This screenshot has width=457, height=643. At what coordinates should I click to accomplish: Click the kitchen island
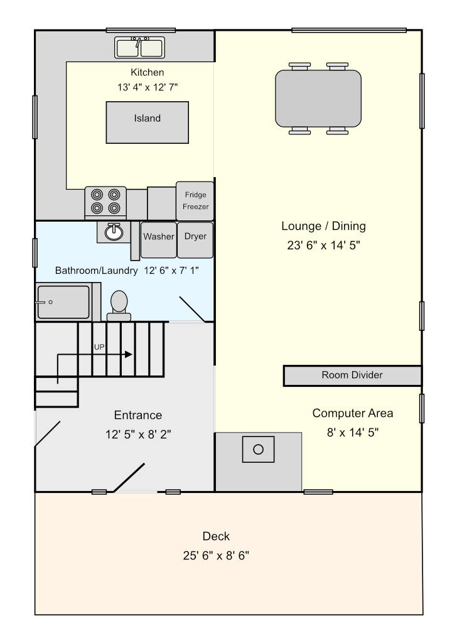tap(147, 122)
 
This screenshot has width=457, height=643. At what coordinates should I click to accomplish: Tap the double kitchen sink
tap(140, 48)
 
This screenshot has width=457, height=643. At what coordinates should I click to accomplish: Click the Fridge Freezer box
tap(195, 201)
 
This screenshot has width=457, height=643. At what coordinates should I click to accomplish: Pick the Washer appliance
tap(159, 240)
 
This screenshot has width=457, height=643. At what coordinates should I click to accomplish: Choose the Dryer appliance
tap(195, 240)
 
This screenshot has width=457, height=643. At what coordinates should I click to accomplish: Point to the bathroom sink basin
tap(114, 232)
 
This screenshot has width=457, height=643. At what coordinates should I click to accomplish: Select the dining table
tap(318, 99)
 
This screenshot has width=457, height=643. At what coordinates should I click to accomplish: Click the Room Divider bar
tap(352, 376)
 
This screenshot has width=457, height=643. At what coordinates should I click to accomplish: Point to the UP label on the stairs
tap(99, 347)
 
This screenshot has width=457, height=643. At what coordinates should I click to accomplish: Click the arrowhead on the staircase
tap(129, 354)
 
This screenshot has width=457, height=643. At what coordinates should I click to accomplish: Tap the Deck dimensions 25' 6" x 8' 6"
tap(216, 556)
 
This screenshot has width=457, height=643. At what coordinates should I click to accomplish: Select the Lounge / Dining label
tap(323, 226)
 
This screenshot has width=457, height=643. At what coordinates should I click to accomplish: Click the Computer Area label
tap(353, 413)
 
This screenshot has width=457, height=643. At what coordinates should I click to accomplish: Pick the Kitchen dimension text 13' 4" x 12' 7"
tap(147, 87)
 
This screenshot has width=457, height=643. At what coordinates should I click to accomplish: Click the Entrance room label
tap(137, 415)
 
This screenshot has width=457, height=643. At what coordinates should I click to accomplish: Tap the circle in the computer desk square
tap(258, 450)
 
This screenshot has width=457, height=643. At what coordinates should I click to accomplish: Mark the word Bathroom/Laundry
tap(96, 271)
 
